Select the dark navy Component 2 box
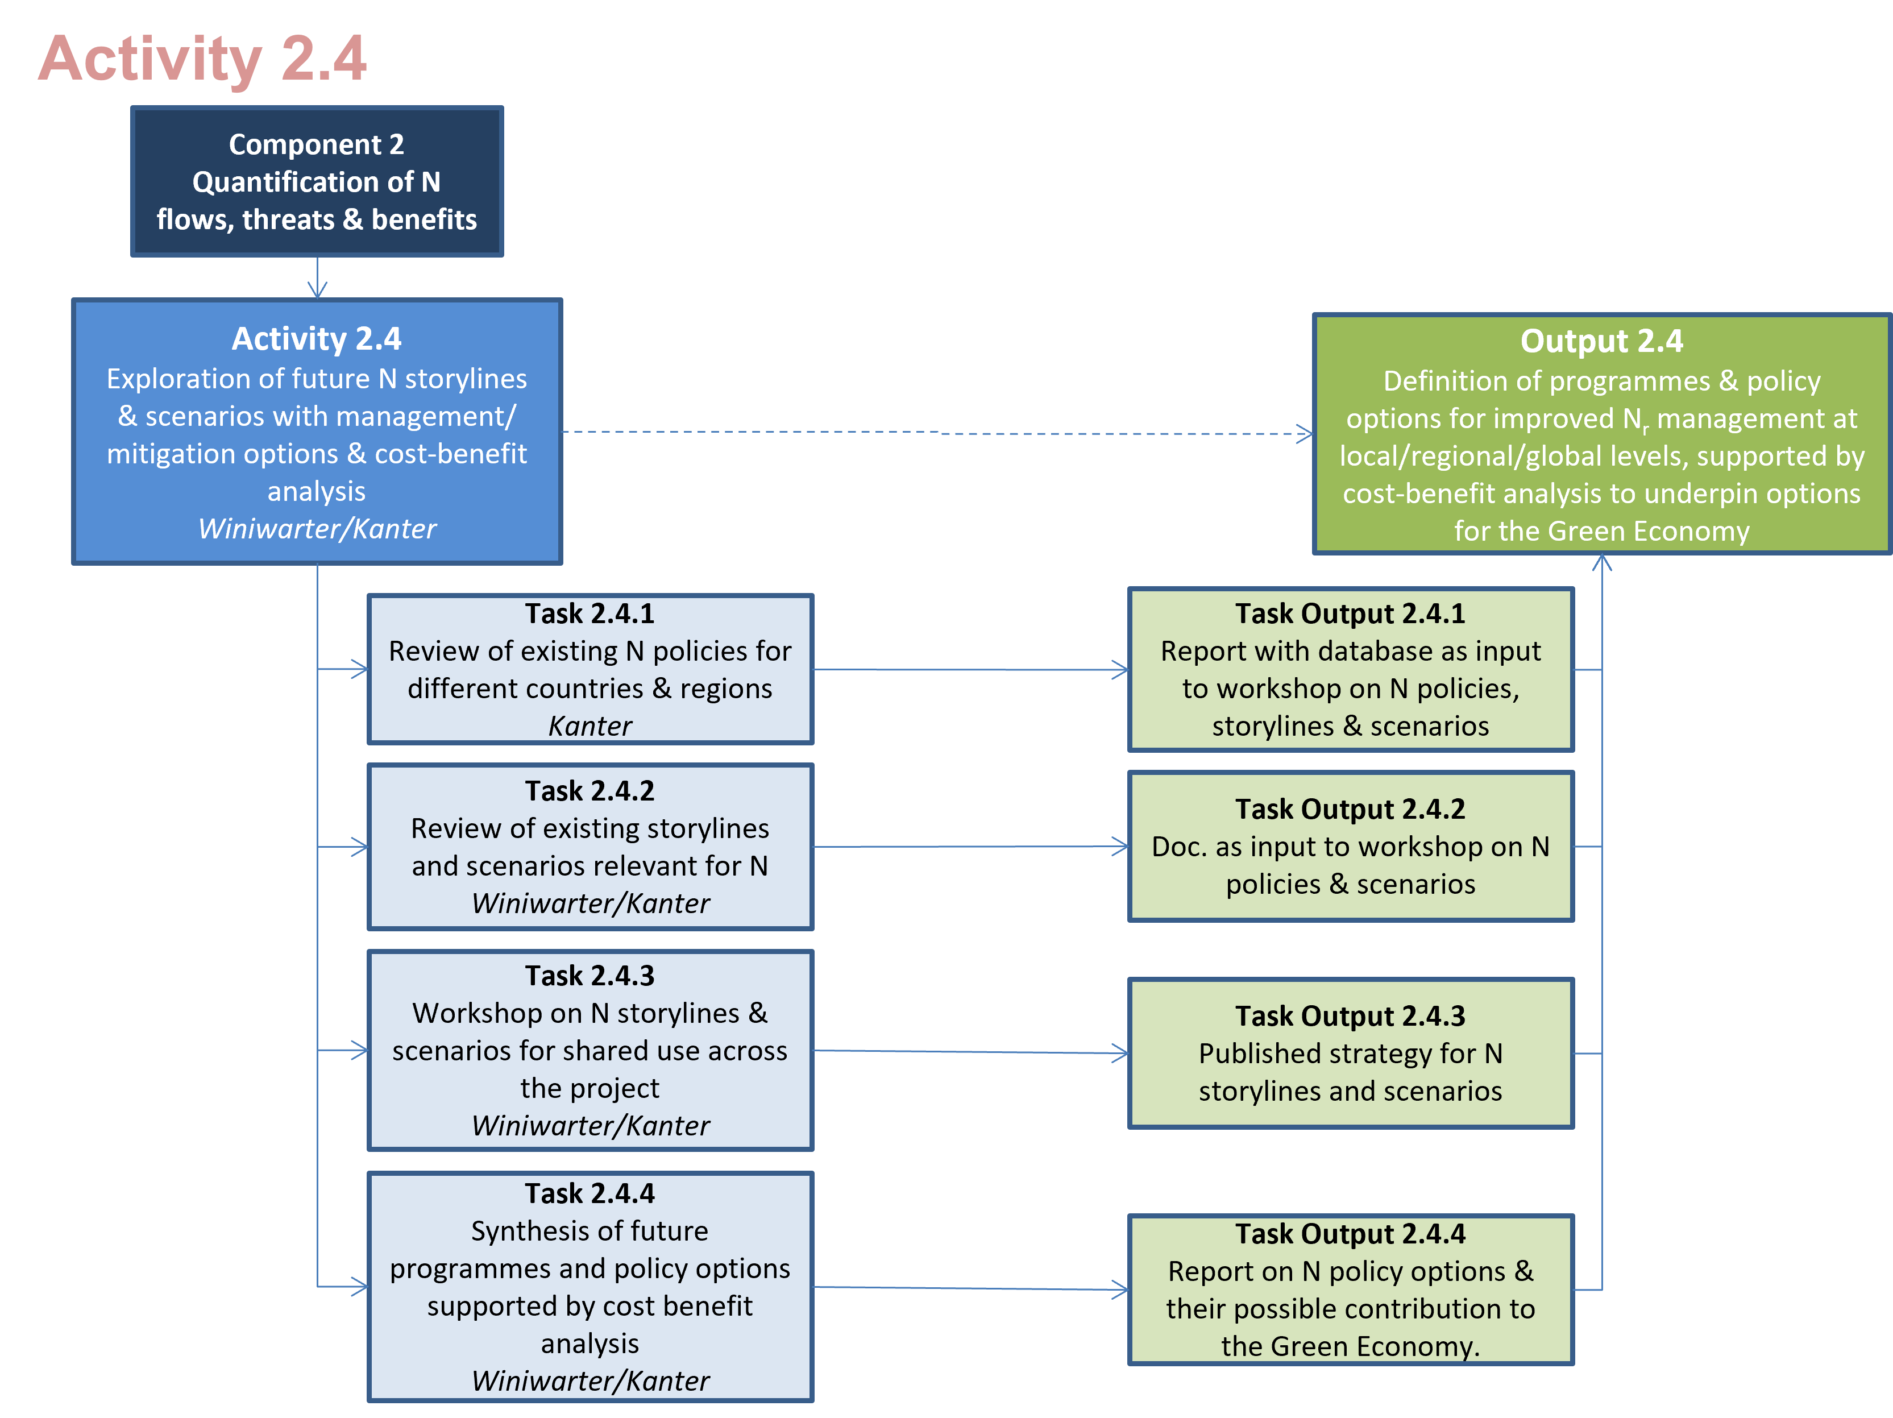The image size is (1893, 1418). tap(317, 181)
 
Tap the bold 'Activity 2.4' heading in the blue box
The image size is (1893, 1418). tap(317, 339)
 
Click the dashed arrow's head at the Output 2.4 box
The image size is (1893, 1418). tap(1305, 434)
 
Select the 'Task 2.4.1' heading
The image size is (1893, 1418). tap(590, 613)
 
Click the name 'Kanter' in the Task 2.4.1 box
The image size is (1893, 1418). tap(590, 725)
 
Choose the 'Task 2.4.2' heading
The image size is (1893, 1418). tap(590, 791)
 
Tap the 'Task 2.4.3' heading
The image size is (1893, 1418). tap(590, 976)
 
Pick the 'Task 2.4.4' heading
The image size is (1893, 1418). tap(590, 1193)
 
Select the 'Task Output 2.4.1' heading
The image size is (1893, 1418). tap(1350, 613)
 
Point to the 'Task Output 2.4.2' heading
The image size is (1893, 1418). tap(1350, 808)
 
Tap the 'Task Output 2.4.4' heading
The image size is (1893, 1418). tap(1350, 1234)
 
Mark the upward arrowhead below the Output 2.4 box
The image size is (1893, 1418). tap(1602, 562)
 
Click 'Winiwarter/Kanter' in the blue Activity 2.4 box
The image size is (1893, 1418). tap(317, 529)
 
